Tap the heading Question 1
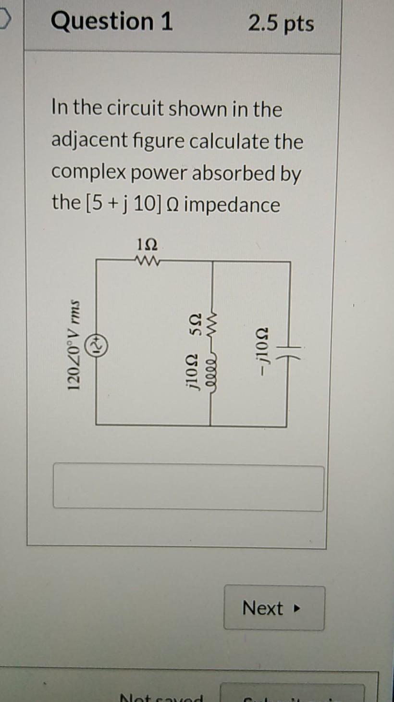tap(111, 22)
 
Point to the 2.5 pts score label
tap(281, 23)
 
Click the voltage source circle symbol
tap(98, 344)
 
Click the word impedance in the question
tap(232, 205)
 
